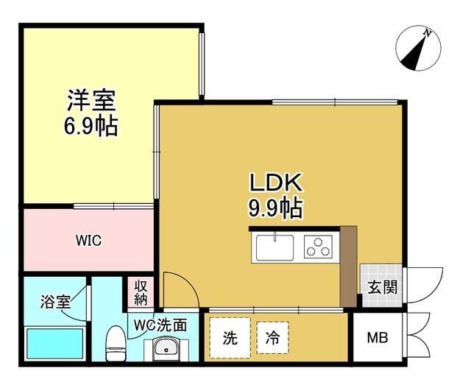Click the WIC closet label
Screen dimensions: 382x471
[88, 241]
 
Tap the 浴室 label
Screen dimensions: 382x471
[54, 301]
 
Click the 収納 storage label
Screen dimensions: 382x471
[141, 291]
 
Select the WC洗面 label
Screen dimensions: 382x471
[166, 324]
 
